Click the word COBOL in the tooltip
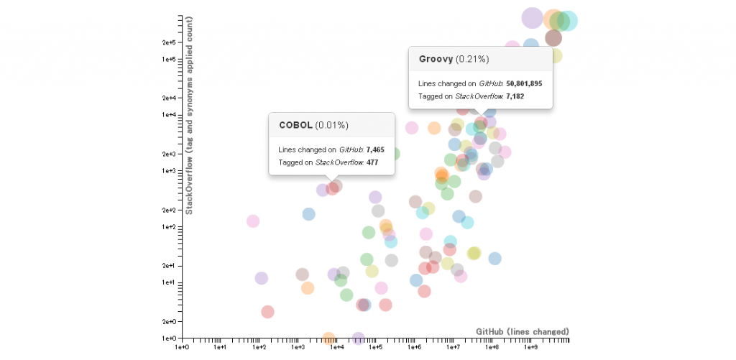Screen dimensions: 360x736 pos(295,125)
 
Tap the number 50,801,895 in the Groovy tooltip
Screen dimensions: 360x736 pos(524,83)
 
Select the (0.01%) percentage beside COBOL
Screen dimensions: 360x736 pos(332,125)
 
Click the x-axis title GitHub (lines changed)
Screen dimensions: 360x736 pos(523,331)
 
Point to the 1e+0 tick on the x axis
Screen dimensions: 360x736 pos(182,347)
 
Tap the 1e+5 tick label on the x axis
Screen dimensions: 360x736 pos(376,347)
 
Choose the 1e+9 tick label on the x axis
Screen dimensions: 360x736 pos(531,347)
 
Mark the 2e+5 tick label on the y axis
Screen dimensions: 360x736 pos(169,42)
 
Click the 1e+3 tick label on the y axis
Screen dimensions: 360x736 pos(169,170)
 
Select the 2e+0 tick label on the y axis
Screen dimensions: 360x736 pos(169,321)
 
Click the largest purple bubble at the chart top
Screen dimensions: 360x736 pos(532,17)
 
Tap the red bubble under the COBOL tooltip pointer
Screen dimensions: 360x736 pos(332,188)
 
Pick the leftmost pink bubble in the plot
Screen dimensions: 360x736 pos(252,221)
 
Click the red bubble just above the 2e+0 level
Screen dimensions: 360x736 pos(267,311)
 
